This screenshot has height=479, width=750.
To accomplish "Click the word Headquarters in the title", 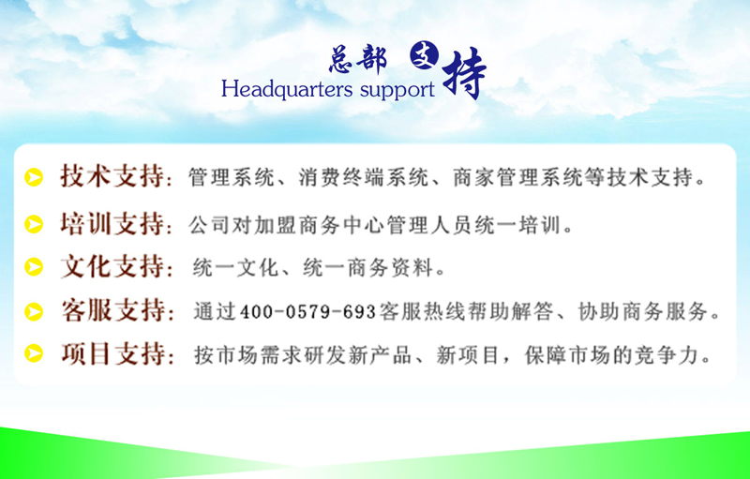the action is point(287,89).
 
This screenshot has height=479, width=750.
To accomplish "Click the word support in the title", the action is point(397,90).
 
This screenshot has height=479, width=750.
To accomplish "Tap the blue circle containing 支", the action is point(424,55).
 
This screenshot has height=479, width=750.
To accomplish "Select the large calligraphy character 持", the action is point(464,73).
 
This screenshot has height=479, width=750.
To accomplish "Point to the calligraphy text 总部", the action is point(357,59).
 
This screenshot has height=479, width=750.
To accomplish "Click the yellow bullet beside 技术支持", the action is point(34,177).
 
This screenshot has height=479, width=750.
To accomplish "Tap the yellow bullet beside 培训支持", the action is point(34,224).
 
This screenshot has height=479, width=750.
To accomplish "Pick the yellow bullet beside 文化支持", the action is point(34,267).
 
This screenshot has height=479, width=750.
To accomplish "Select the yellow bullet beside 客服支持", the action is point(34,312).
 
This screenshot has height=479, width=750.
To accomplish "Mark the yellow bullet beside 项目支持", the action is point(34,353).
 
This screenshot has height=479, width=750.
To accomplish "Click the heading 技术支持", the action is point(112,176).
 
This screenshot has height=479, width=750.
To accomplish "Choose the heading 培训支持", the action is point(112,223).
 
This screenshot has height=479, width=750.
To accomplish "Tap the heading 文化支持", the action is point(112,266).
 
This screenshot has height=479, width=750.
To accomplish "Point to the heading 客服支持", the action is point(112,310).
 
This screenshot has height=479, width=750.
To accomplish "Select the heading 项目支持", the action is point(112,353).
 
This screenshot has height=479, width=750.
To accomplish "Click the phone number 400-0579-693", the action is point(308,312).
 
